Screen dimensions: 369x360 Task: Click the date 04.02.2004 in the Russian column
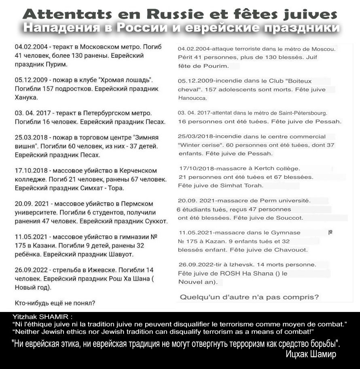coord(29,47)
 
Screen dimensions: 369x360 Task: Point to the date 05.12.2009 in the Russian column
coord(29,80)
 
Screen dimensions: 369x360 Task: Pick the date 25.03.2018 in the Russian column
coord(29,138)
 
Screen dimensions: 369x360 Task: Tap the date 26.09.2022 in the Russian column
coord(29,270)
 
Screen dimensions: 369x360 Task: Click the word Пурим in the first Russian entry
coord(57,64)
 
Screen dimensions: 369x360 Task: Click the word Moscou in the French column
coord(324,49)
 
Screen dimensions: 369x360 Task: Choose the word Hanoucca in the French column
coord(193,98)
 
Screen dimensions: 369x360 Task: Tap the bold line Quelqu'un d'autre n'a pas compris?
coord(249,297)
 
